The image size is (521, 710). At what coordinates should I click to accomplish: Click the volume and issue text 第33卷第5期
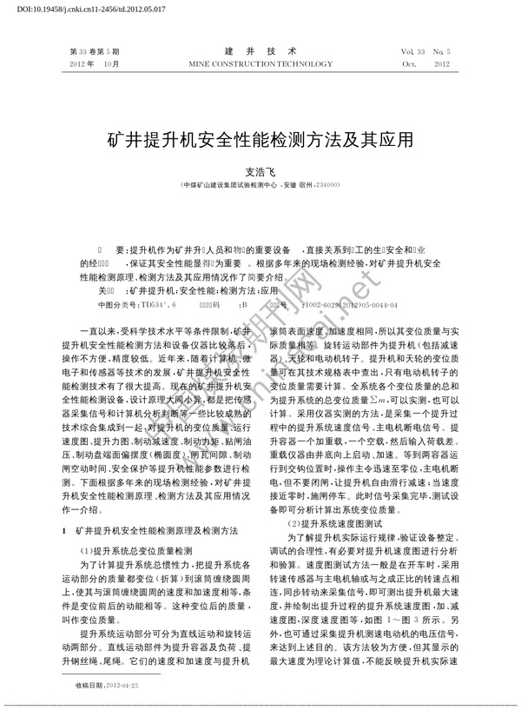[100, 51]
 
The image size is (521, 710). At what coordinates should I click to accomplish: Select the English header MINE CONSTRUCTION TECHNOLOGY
[260, 64]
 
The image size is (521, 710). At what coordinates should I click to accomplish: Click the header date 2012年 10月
[98, 64]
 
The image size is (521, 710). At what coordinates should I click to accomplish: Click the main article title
[260, 138]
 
